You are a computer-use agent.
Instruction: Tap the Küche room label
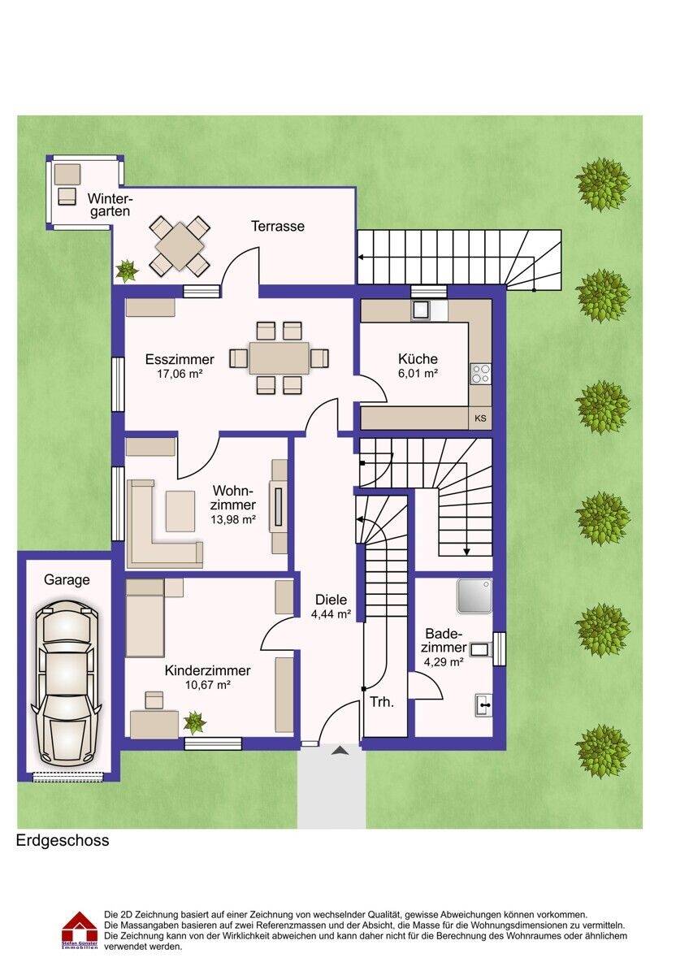tap(418, 359)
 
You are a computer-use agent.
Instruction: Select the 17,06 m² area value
tap(179, 375)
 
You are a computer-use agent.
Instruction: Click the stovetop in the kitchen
tap(480, 373)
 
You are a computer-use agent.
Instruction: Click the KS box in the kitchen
tap(480, 419)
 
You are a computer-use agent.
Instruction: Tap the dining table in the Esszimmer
tap(279, 358)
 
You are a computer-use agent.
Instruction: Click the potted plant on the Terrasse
tap(127, 270)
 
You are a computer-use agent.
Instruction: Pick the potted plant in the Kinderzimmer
tap(194, 721)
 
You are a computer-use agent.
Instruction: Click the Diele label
tap(331, 600)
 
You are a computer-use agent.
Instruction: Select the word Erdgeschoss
tap(63, 841)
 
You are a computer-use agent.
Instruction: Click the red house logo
tap(80, 929)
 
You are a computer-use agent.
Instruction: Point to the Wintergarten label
tap(110, 204)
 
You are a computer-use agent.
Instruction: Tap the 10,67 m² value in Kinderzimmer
tap(207, 686)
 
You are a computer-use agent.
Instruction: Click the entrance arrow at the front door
tap(340, 751)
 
